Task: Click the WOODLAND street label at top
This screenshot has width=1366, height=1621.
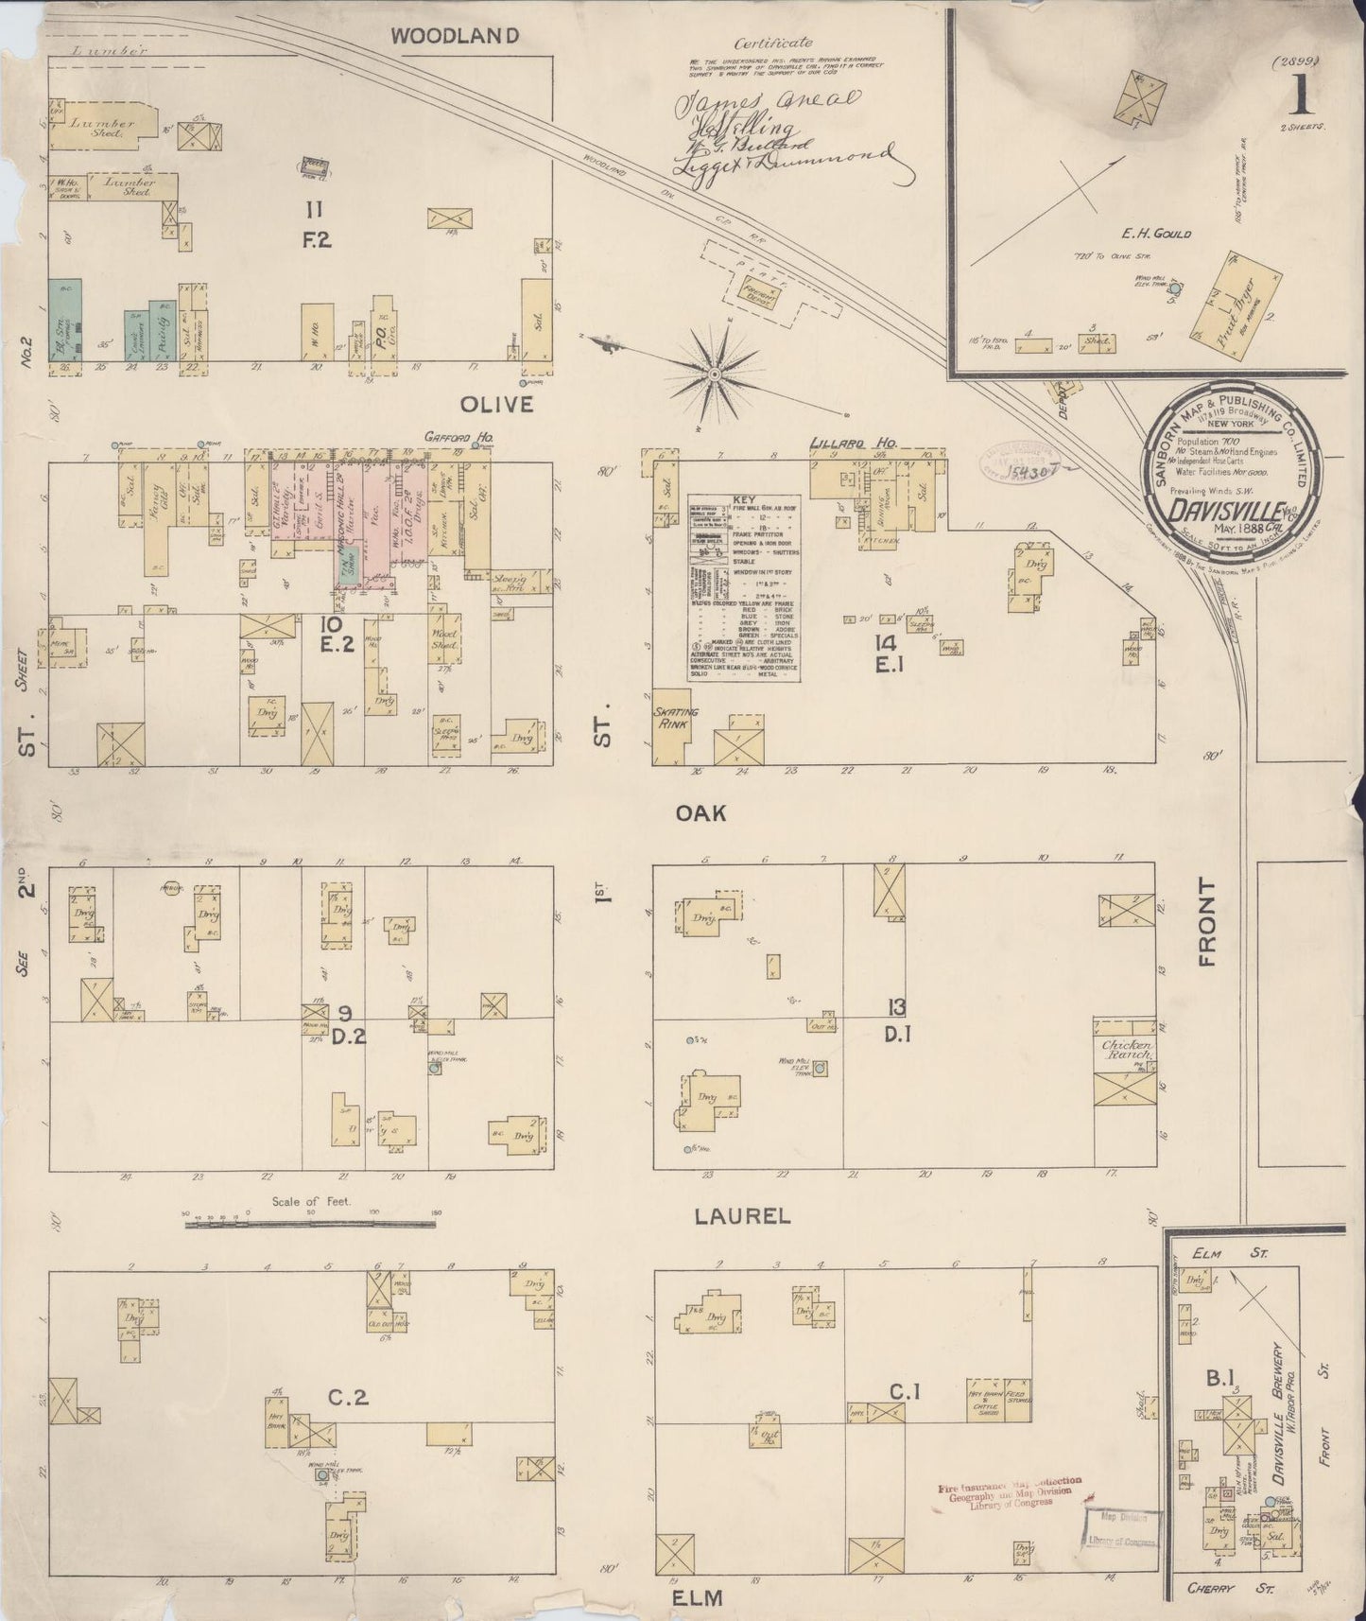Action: point(455,37)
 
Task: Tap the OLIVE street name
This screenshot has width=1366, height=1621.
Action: point(497,405)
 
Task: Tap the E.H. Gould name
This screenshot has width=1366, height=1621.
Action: point(1157,234)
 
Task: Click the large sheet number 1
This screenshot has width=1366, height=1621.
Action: point(1304,93)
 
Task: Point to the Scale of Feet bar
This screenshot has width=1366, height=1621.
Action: point(311,1224)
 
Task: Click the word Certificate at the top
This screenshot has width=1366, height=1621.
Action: point(777,43)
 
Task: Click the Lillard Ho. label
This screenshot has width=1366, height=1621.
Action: point(855,443)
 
